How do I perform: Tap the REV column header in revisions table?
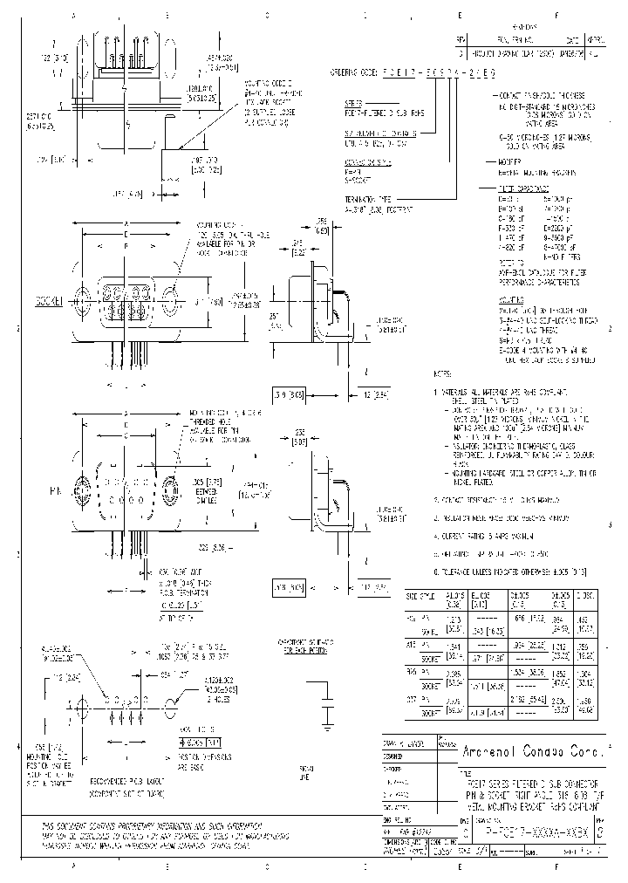(461, 40)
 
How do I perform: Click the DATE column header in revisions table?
(572, 40)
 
